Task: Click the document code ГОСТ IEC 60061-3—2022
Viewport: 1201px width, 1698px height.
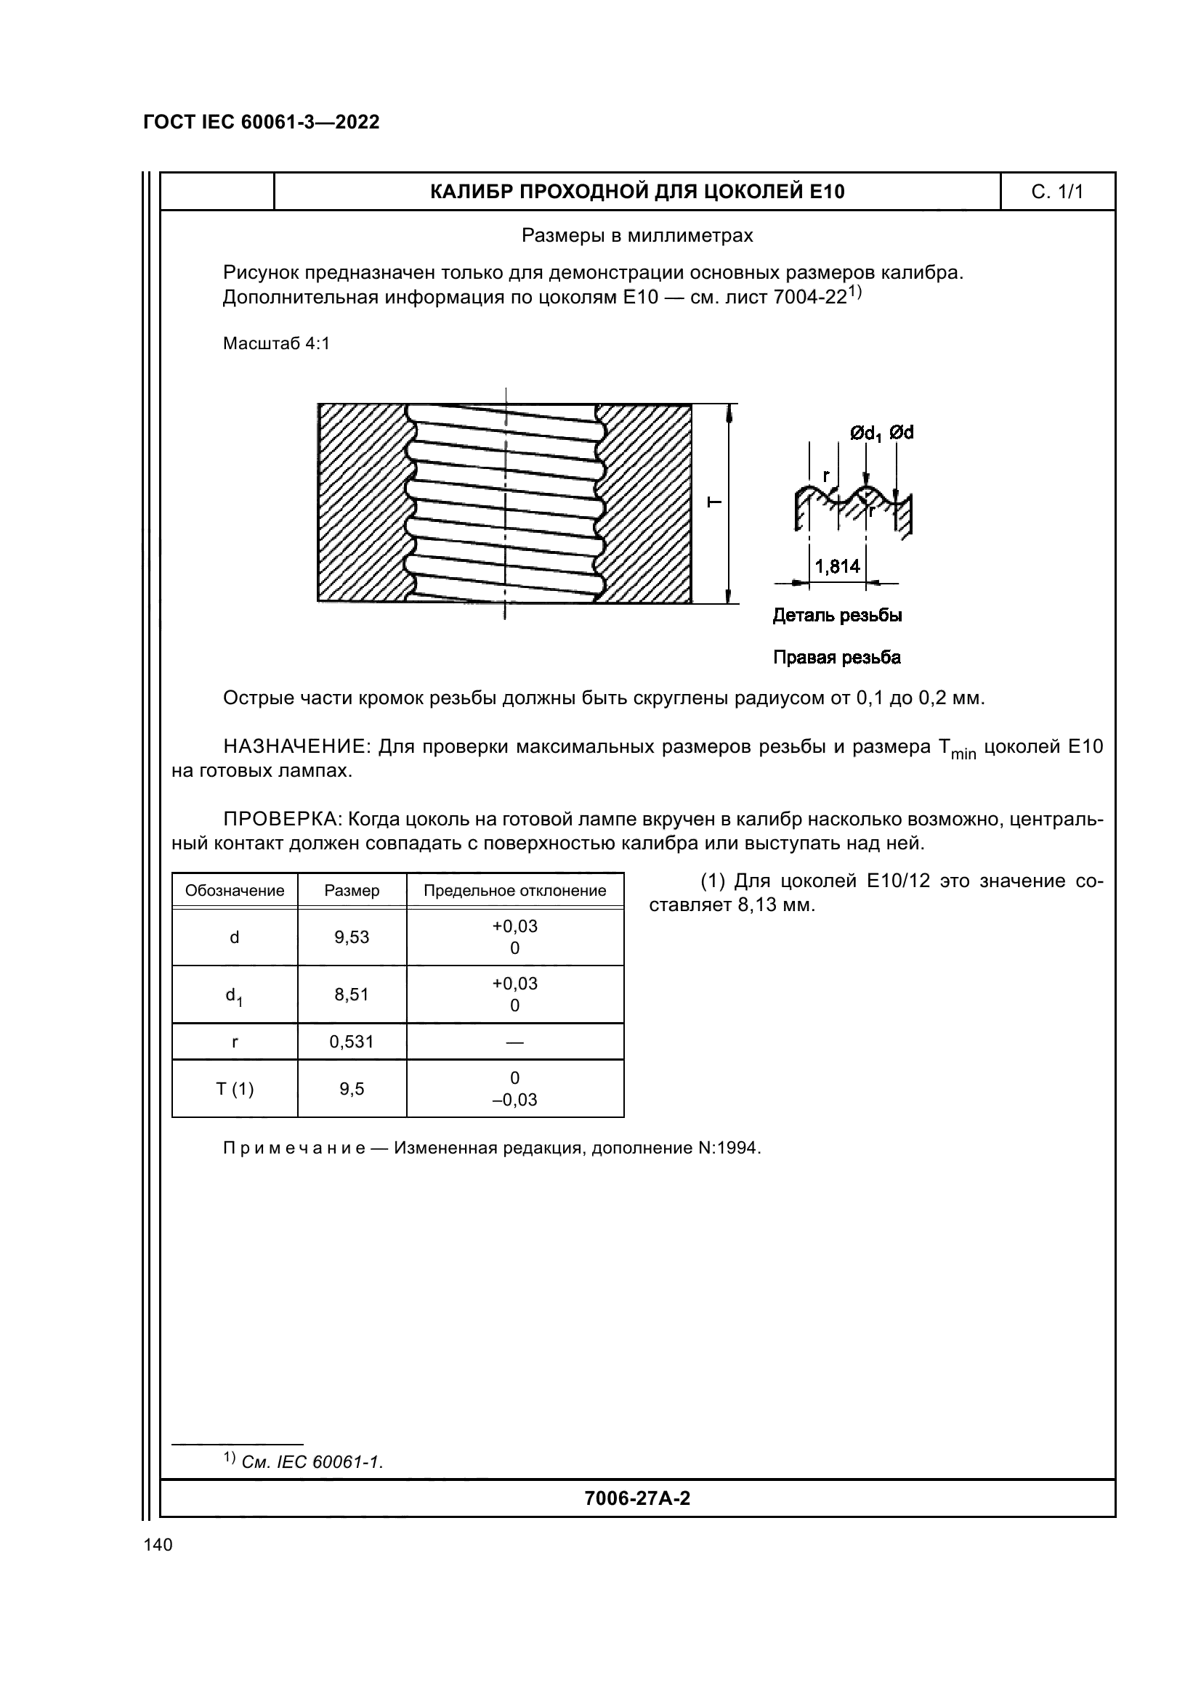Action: pos(262,122)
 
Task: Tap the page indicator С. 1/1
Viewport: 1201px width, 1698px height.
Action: pos(1056,192)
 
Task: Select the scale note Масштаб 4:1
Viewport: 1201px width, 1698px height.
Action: pos(276,344)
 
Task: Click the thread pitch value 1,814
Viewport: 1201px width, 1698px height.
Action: pos(838,566)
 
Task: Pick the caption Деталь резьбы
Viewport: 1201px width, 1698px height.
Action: pos(837,616)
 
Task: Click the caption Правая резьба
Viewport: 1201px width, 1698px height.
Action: pos(837,658)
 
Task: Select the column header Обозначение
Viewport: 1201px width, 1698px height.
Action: pos(235,891)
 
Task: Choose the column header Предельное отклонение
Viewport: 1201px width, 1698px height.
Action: pos(514,891)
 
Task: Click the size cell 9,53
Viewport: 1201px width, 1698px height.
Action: pos(352,937)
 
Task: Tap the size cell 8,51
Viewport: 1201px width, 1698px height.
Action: pos(352,994)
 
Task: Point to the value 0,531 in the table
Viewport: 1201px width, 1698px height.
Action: pos(352,1042)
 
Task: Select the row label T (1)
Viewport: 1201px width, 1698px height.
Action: pos(235,1089)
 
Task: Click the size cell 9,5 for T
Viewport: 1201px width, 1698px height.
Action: pos(352,1089)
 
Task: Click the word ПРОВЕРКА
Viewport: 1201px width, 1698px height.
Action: pos(280,820)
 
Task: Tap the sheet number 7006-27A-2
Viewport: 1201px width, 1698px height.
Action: pos(637,1498)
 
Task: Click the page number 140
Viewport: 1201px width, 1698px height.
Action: pos(158,1545)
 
